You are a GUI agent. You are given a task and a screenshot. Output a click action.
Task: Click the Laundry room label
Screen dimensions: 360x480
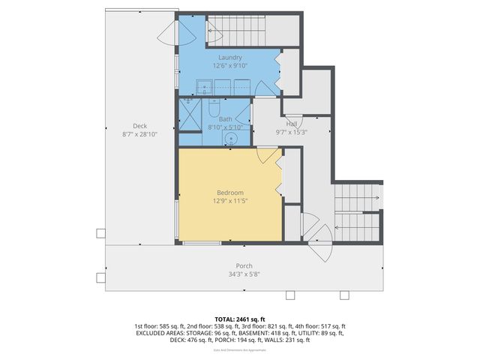pyautogui.click(x=229, y=57)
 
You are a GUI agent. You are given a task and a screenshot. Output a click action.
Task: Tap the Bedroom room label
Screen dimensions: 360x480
pyautogui.click(x=229, y=193)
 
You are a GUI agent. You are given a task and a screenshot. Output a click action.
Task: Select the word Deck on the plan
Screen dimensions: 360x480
pyautogui.click(x=140, y=125)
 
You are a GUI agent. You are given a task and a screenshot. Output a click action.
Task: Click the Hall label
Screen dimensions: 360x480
pyautogui.click(x=292, y=124)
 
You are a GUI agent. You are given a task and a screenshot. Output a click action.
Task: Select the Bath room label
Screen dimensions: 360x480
pyautogui.click(x=226, y=118)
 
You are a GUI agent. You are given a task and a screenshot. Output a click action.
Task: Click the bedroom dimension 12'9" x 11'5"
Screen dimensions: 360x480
pyautogui.click(x=229, y=201)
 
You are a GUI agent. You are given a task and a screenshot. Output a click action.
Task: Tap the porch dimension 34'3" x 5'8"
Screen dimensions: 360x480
pyautogui.click(x=244, y=274)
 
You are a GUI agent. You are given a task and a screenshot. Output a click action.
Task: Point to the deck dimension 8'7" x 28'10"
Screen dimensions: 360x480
pyautogui.click(x=140, y=134)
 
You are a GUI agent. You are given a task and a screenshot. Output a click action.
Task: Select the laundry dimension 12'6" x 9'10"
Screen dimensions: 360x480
pyautogui.click(x=229, y=65)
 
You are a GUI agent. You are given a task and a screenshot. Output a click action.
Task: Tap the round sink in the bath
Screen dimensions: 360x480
pyautogui.click(x=233, y=137)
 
